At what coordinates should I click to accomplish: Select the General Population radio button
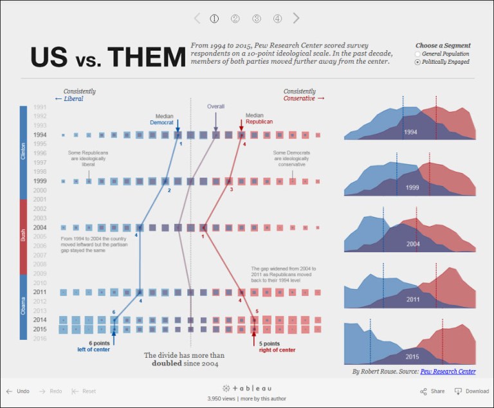pyautogui.click(x=417, y=54)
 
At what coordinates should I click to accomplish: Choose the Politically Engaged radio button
pyautogui.click(x=417, y=62)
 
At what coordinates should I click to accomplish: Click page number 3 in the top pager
pyautogui.click(x=257, y=19)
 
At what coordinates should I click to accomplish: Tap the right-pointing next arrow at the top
pyautogui.click(x=296, y=18)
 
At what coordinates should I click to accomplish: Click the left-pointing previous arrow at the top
pyautogui.click(x=197, y=18)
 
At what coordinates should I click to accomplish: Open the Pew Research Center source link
pyautogui.click(x=448, y=371)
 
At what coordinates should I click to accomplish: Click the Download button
pyautogui.click(x=472, y=391)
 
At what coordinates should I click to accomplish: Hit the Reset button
pyautogui.click(x=84, y=391)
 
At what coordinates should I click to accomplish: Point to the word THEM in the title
pyautogui.click(x=146, y=57)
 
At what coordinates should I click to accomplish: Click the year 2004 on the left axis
pyautogui.click(x=40, y=227)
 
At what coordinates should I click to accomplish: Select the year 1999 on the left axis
pyautogui.click(x=40, y=181)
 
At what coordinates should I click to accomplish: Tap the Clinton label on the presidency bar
pyautogui.click(x=23, y=153)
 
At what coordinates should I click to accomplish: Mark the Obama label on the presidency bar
pyautogui.click(x=23, y=307)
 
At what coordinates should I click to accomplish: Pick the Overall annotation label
pyautogui.click(x=215, y=106)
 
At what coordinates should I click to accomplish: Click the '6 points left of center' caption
pyautogui.click(x=94, y=346)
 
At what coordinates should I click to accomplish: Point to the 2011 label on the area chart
pyautogui.click(x=413, y=300)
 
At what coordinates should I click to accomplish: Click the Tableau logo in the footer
pyautogui.click(x=247, y=388)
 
